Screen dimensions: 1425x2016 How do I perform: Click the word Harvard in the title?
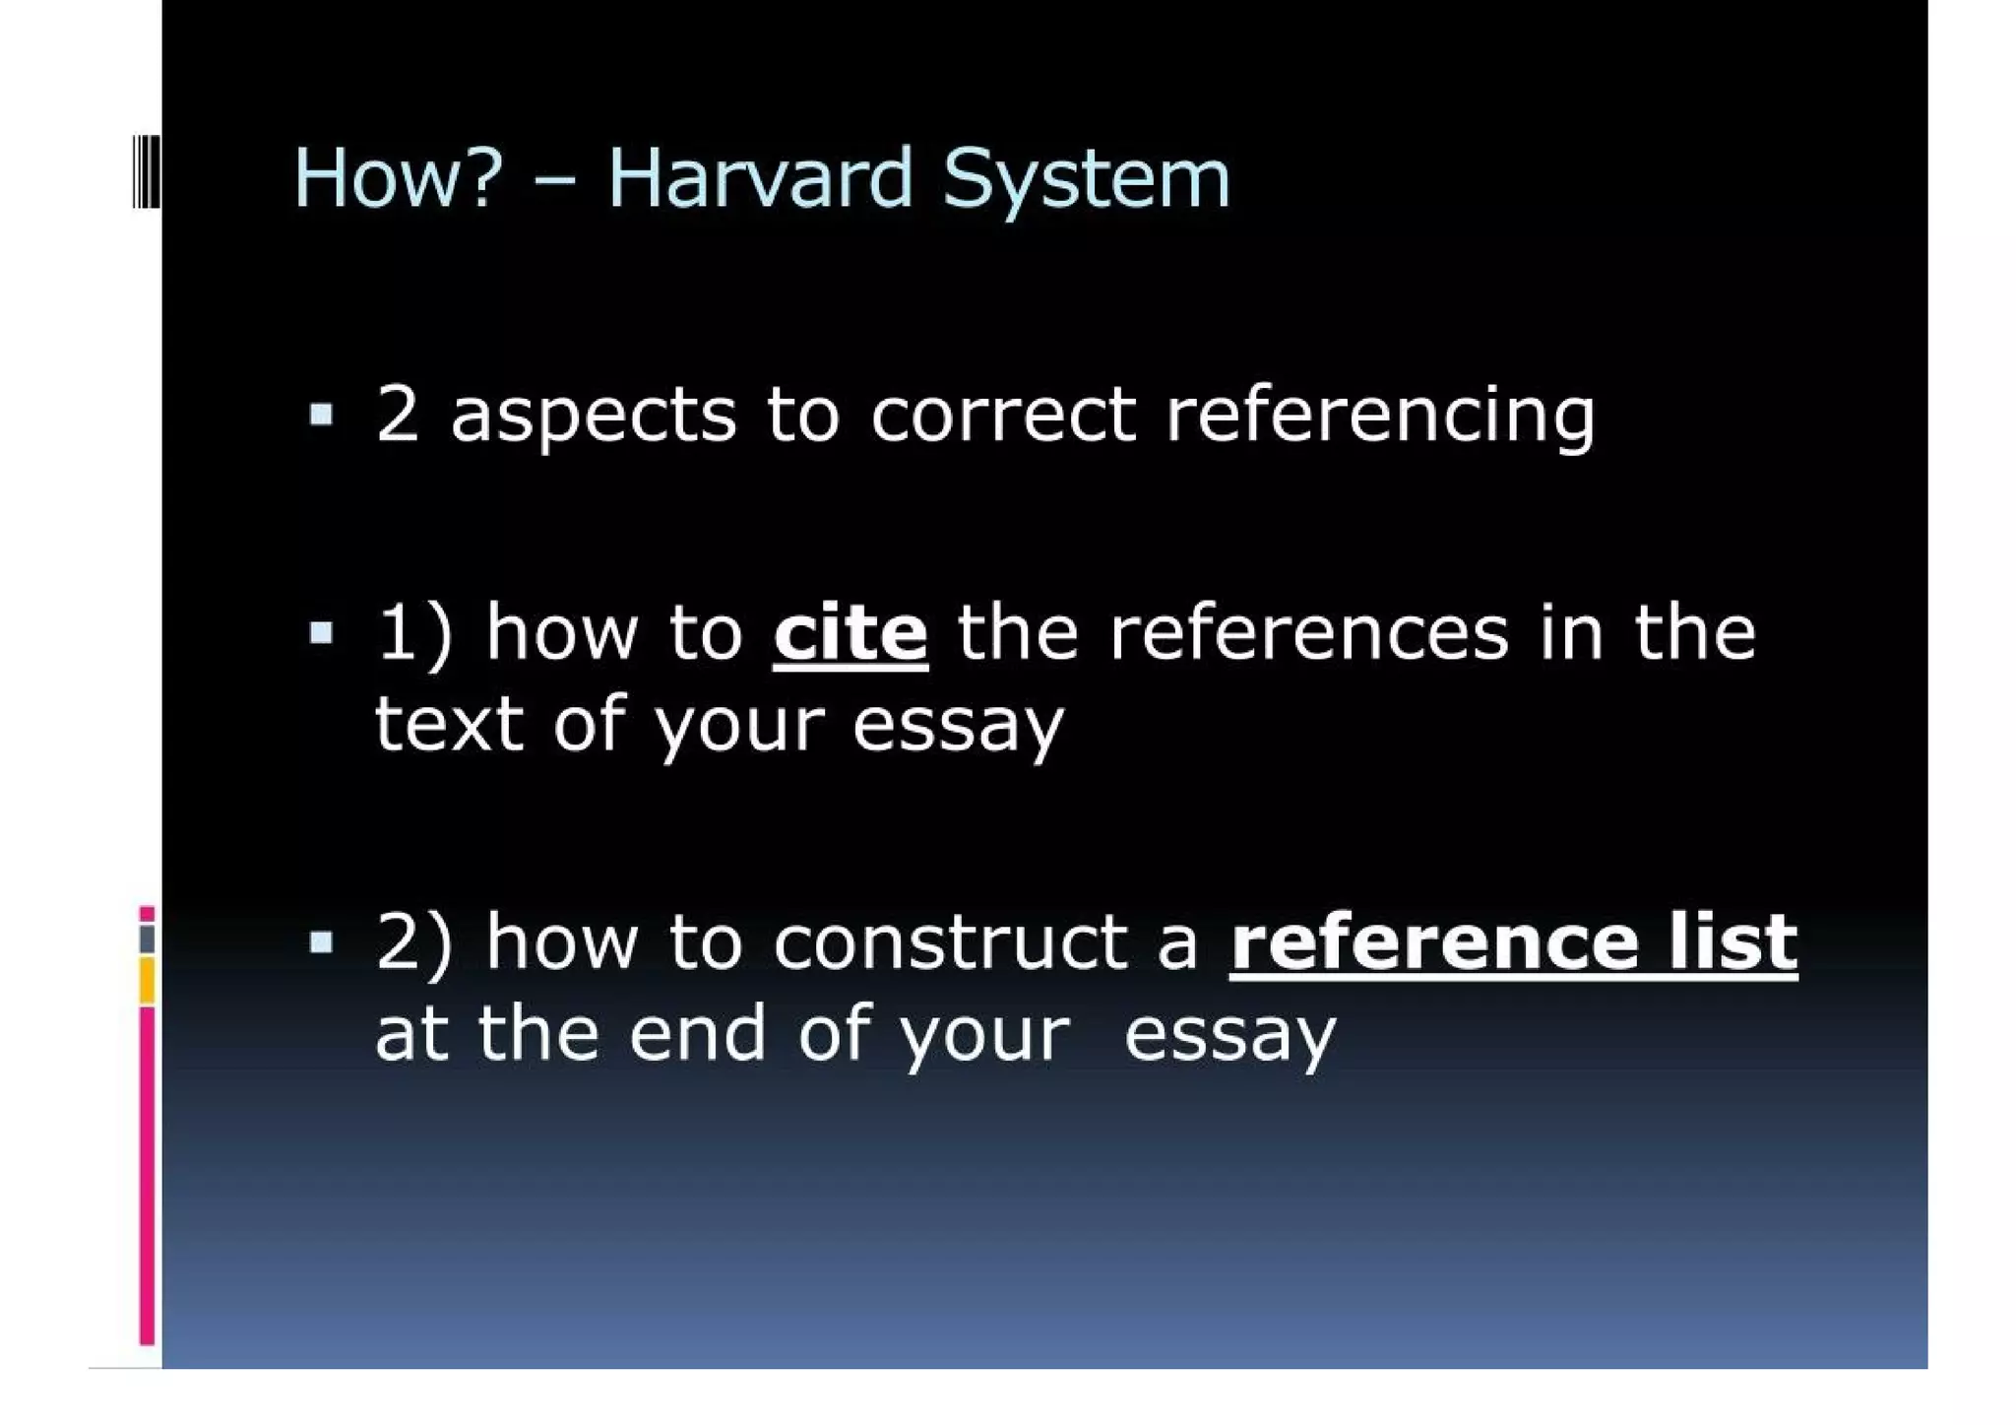coord(760,178)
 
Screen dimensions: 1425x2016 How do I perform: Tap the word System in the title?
coord(1086,180)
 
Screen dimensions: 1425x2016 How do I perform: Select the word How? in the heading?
coord(399,178)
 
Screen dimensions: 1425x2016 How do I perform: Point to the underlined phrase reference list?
coord(1513,942)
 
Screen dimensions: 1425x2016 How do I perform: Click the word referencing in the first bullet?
coord(1380,416)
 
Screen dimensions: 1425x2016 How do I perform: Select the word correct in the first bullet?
coord(1003,415)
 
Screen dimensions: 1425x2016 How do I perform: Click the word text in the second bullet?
coord(449,724)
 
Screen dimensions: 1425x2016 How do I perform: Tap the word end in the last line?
coord(697,1034)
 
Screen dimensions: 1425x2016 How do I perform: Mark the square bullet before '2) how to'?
coord(321,942)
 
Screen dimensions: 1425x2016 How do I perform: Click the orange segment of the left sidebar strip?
coord(147,981)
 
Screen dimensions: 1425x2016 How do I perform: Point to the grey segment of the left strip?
coord(147,939)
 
